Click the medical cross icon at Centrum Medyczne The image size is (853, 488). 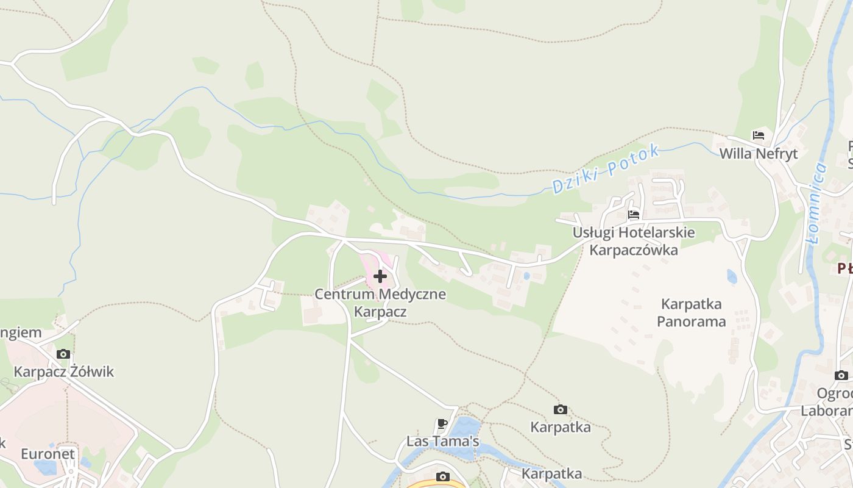click(x=380, y=276)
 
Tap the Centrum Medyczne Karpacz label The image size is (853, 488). click(x=380, y=303)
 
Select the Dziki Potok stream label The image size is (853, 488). click(x=606, y=169)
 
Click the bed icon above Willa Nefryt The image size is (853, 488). click(x=759, y=135)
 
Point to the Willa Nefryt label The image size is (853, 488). click(x=759, y=153)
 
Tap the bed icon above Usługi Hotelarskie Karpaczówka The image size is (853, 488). click(x=634, y=215)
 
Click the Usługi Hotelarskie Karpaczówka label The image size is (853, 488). click(x=634, y=241)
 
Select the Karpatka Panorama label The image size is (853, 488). click(x=692, y=312)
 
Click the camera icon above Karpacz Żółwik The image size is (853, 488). click(x=63, y=354)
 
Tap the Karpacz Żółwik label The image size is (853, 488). click(x=64, y=371)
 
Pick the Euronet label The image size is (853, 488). click(x=48, y=454)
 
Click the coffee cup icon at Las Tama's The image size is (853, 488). click(x=442, y=423)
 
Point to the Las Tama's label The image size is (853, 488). click(x=443, y=441)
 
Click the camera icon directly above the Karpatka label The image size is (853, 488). click(x=561, y=409)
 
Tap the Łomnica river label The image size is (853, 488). click(x=816, y=204)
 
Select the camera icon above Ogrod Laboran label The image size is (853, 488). click(x=841, y=375)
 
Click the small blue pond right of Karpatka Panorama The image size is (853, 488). click(x=732, y=277)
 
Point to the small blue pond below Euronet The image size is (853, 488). click(x=46, y=468)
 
